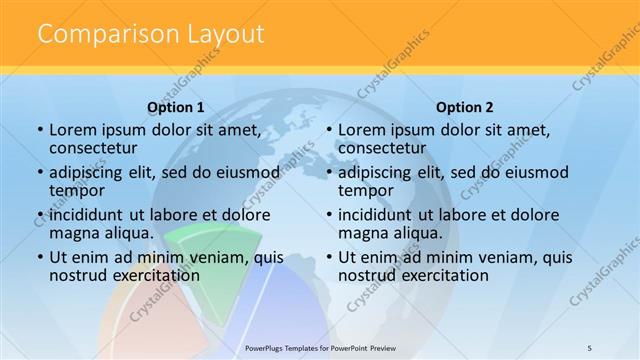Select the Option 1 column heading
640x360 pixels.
[176, 107]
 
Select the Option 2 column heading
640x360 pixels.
[465, 107]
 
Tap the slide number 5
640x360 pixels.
[590, 347]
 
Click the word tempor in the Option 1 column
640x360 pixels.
[77, 190]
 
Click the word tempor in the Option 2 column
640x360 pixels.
[366, 190]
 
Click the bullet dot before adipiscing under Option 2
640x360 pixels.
[329, 172]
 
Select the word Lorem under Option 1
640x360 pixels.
[72, 129]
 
